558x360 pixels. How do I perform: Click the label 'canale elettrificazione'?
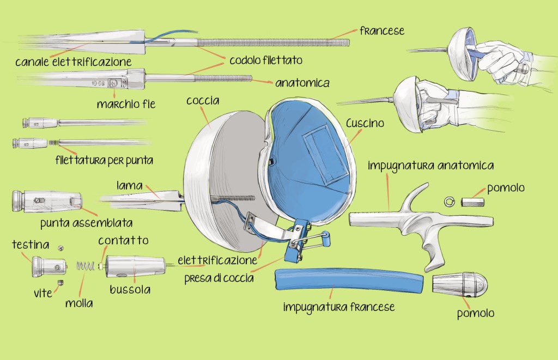(x=73, y=62)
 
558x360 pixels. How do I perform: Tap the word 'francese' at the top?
(x=381, y=30)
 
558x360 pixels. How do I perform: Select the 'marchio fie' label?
(x=126, y=103)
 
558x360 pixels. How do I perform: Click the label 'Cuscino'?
(x=365, y=123)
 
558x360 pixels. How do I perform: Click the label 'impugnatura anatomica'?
(x=430, y=164)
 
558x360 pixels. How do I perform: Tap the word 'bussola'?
(x=130, y=289)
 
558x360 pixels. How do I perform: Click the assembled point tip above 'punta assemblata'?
(x=46, y=202)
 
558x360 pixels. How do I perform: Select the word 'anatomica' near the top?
(x=302, y=83)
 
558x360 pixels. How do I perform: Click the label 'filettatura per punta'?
(x=104, y=161)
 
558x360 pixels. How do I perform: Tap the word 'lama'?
(x=130, y=185)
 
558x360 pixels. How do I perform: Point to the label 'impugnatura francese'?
(x=338, y=307)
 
